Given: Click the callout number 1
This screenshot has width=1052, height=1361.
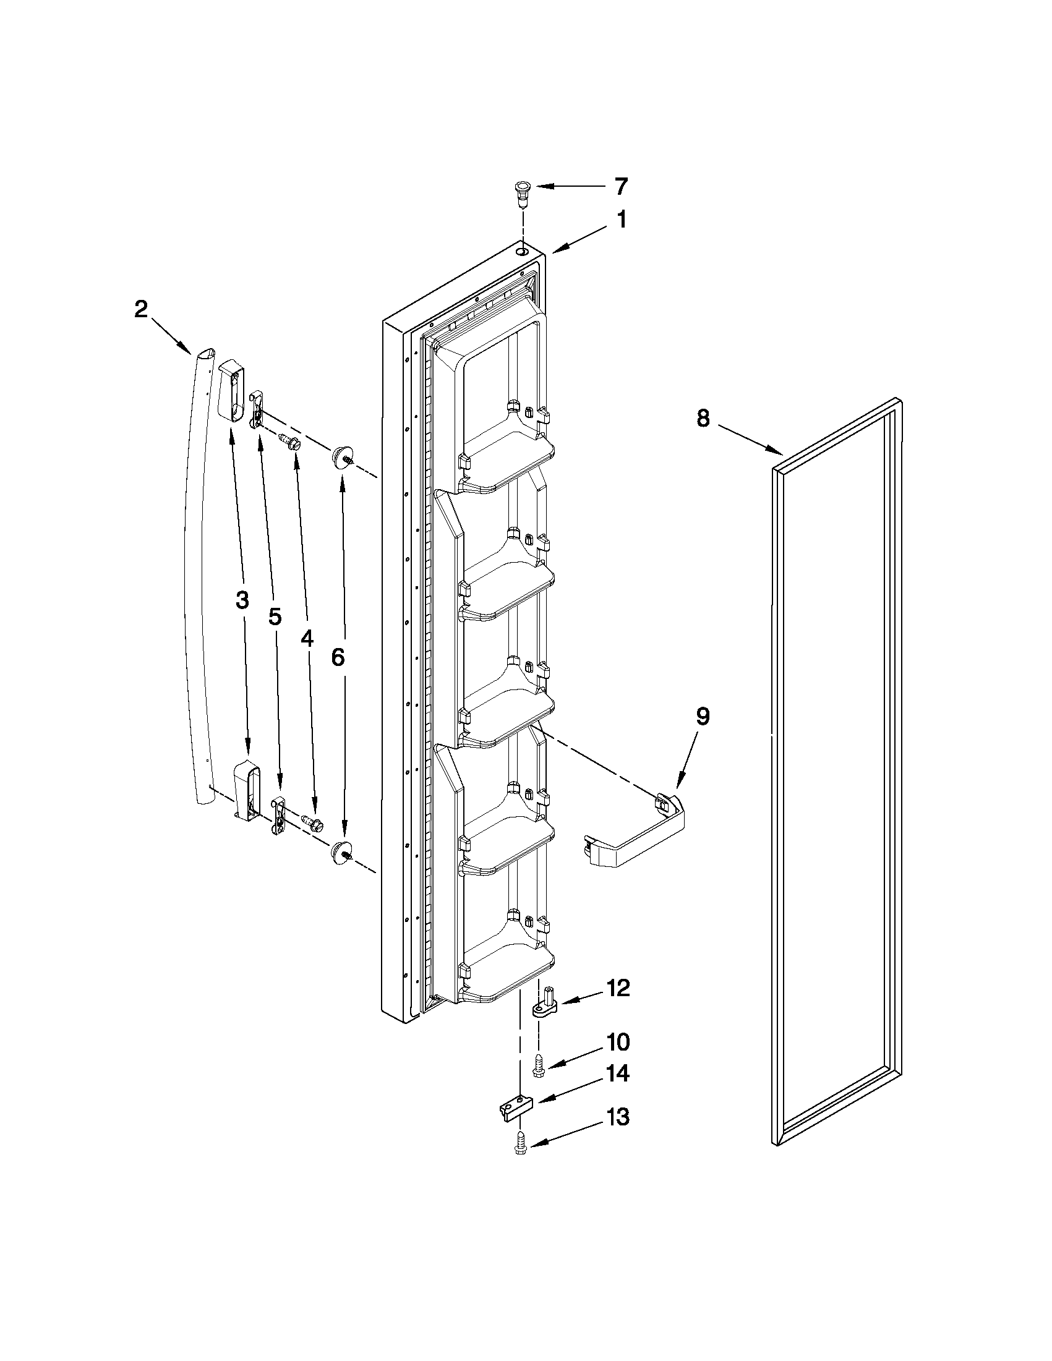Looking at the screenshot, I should pyautogui.click(x=622, y=221).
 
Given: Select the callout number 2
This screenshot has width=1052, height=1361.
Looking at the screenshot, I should pyautogui.click(x=142, y=310).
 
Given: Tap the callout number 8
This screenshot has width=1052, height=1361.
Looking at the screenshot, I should pyautogui.click(x=703, y=418).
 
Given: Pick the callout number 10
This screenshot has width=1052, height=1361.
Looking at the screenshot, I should pyautogui.click(x=617, y=1042).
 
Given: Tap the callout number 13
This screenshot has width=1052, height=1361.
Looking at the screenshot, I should pyautogui.click(x=617, y=1117).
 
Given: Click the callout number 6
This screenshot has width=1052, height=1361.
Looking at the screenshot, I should pyautogui.click(x=337, y=656).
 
